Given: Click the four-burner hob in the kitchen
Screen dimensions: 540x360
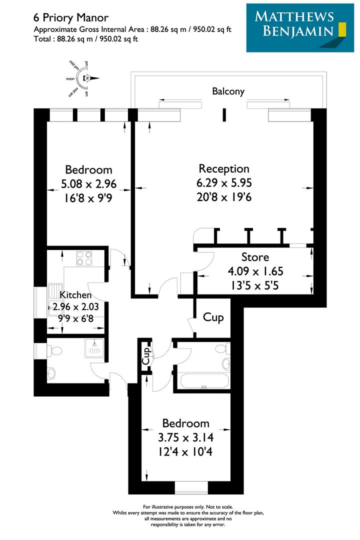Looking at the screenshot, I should click(x=83, y=258).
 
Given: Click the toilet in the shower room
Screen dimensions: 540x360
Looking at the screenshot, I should click(x=55, y=349).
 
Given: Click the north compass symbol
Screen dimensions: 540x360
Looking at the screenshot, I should click(x=86, y=78).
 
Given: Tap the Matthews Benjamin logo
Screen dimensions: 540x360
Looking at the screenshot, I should click(x=296, y=28).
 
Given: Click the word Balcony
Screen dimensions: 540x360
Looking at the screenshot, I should click(x=228, y=91).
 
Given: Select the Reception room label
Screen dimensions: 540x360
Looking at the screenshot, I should click(x=223, y=168).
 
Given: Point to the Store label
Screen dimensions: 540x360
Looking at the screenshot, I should click(x=255, y=257).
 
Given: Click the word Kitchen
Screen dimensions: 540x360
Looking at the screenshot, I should click(x=75, y=295).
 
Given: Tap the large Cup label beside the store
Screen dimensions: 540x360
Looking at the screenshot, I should click(x=213, y=317).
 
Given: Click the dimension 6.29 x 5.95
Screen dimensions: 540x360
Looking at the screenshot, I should click(x=223, y=183).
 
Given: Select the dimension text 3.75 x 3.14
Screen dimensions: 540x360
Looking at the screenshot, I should click(x=185, y=437).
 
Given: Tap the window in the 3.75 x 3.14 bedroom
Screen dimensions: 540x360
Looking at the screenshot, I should click(x=190, y=487).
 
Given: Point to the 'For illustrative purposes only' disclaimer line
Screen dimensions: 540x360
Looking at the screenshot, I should click(x=187, y=507).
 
